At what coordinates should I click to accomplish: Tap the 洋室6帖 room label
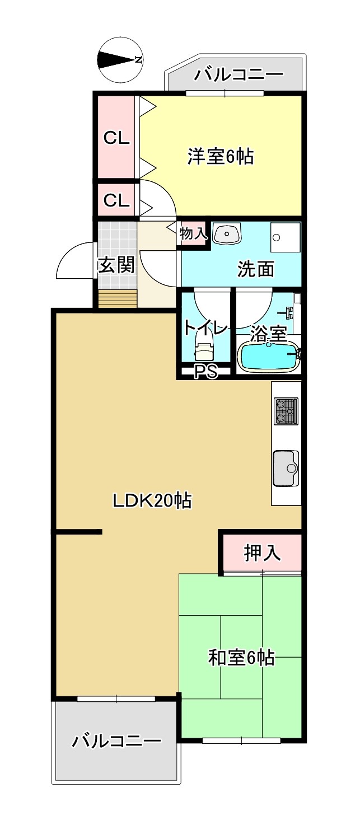[220, 156]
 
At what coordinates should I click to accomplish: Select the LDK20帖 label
[152, 500]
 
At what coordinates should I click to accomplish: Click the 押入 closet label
[262, 552]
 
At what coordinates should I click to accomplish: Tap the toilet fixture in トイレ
[204, 349]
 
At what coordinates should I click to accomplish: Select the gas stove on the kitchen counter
[286, 410]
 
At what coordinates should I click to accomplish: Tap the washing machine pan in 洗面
[286, 237]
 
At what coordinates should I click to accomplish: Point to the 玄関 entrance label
[116, 265]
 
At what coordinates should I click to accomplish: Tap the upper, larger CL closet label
[116, 138]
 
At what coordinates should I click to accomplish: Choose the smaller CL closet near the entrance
[116, 200]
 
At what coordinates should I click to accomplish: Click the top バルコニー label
[239, 74]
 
